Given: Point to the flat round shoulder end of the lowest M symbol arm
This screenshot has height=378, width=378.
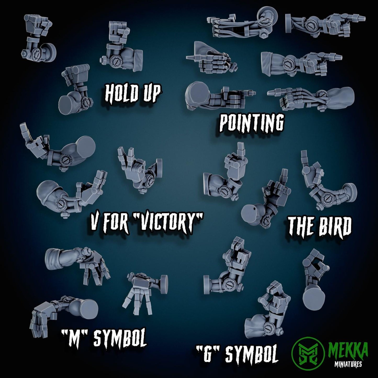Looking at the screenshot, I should pos(88,310).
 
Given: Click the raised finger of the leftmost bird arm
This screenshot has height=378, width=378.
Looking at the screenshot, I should pos(240,150).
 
